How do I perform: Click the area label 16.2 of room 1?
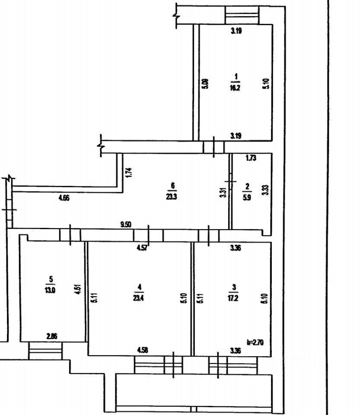(236, 86)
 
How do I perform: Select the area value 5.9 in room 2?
(247, 195)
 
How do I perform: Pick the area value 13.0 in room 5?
(51, 290)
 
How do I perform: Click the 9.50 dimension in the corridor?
(126, 224)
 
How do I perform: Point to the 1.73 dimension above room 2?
(251, 158)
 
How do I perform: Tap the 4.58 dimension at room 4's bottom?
(143, 350)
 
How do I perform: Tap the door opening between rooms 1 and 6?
(214, 147)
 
